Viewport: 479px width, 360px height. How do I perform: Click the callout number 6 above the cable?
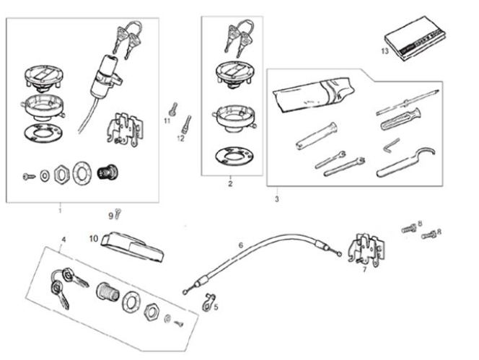pyautogui.click(x=242, y=245)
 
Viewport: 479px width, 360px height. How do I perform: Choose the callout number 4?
pyautogui.click(x=63, y=238)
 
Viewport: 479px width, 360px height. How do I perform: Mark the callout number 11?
pyautogui.click(x=167, y=121)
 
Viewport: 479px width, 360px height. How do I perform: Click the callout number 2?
pyautogui.click(x=229, y=185)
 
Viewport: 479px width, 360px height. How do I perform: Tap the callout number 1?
pyautogui.click(x=60, y=211)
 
